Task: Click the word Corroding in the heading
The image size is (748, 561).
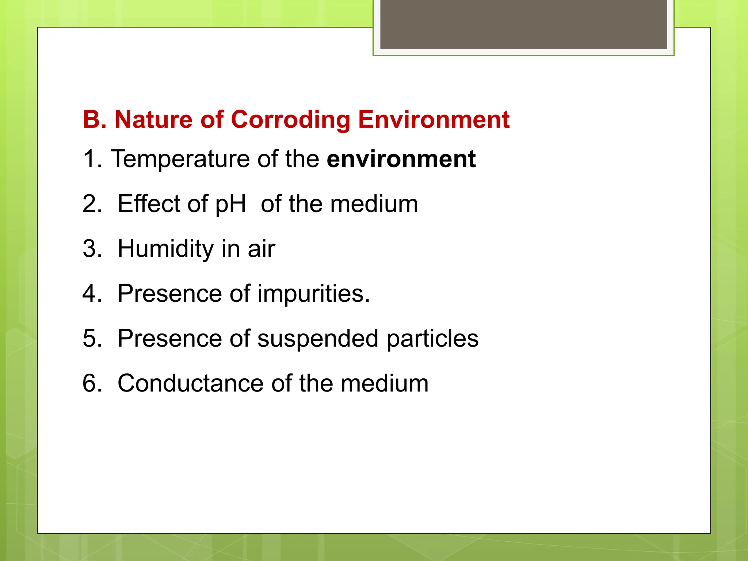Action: point(291,120)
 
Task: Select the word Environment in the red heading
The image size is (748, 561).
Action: point(434,120)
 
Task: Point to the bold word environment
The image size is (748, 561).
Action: point(401,159)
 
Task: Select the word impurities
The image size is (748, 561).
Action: point(313,294)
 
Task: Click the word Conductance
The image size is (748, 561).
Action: point(190,383)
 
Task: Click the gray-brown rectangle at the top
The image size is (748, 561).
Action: point(523,24)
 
